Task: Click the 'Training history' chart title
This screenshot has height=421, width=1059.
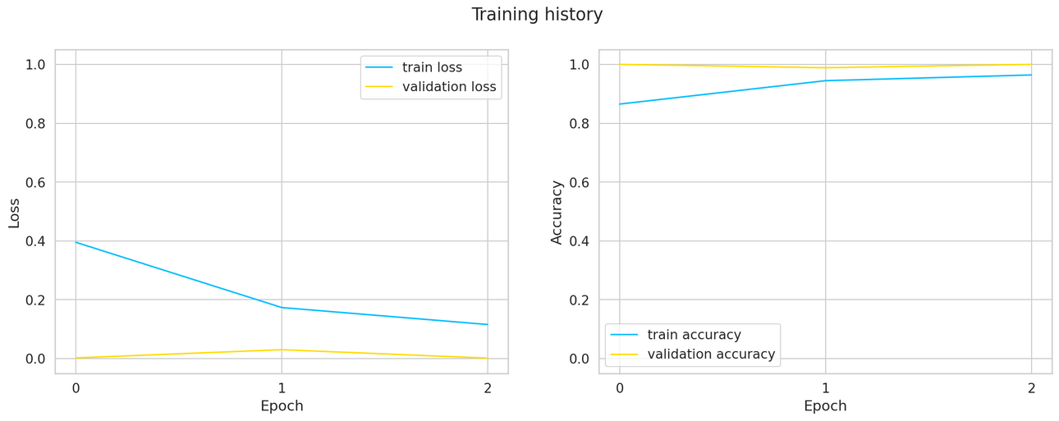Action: [537, 15]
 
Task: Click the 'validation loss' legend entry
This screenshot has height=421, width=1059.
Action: [448, 86]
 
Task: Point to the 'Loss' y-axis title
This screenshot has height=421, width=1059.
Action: [14, 212]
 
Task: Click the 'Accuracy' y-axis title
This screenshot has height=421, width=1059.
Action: [557, 212]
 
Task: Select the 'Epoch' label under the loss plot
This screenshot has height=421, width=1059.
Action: [282, 406]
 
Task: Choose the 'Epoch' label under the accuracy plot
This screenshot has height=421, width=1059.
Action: [825, 406]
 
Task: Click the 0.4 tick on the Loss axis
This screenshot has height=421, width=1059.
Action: [34, 241]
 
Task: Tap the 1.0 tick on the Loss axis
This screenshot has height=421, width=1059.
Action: [34, 65]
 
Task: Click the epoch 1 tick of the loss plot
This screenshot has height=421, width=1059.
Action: [282, 388]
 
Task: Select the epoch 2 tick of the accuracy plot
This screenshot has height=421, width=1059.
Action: [1031, 388]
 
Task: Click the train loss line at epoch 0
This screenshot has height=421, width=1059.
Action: [76, 242]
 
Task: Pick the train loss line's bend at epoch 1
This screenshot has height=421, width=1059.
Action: [282, 308]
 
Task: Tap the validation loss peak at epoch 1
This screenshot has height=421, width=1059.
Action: [282, 350]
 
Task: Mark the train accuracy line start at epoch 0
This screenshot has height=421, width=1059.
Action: [620, 104]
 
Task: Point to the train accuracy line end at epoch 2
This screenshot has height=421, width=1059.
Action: [1031, 75]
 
